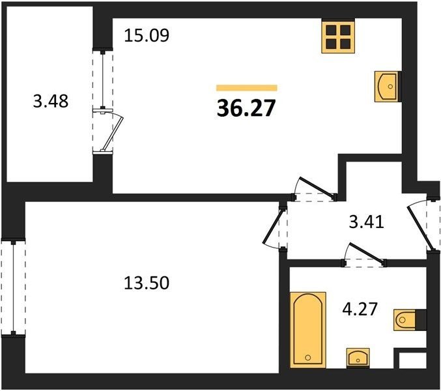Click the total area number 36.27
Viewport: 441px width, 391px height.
point(246,108)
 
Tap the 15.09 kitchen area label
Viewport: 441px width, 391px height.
point(147,35)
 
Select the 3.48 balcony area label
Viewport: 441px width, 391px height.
point(51,101)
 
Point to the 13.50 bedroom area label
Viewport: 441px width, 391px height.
point(147,283)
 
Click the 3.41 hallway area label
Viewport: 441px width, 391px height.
point(367,222)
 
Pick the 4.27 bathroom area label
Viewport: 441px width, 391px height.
point(360,309)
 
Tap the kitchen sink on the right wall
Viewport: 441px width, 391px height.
point(388,86)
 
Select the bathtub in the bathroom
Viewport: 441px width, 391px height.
point(308,330)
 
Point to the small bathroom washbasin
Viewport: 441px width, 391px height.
point(358,358)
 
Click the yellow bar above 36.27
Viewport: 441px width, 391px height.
point(247,88)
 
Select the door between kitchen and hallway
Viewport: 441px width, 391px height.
point(317,186)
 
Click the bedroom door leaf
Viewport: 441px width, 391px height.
point(272,226)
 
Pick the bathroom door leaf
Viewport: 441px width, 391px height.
point(366,253)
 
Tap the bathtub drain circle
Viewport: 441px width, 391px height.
point(308,358)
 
